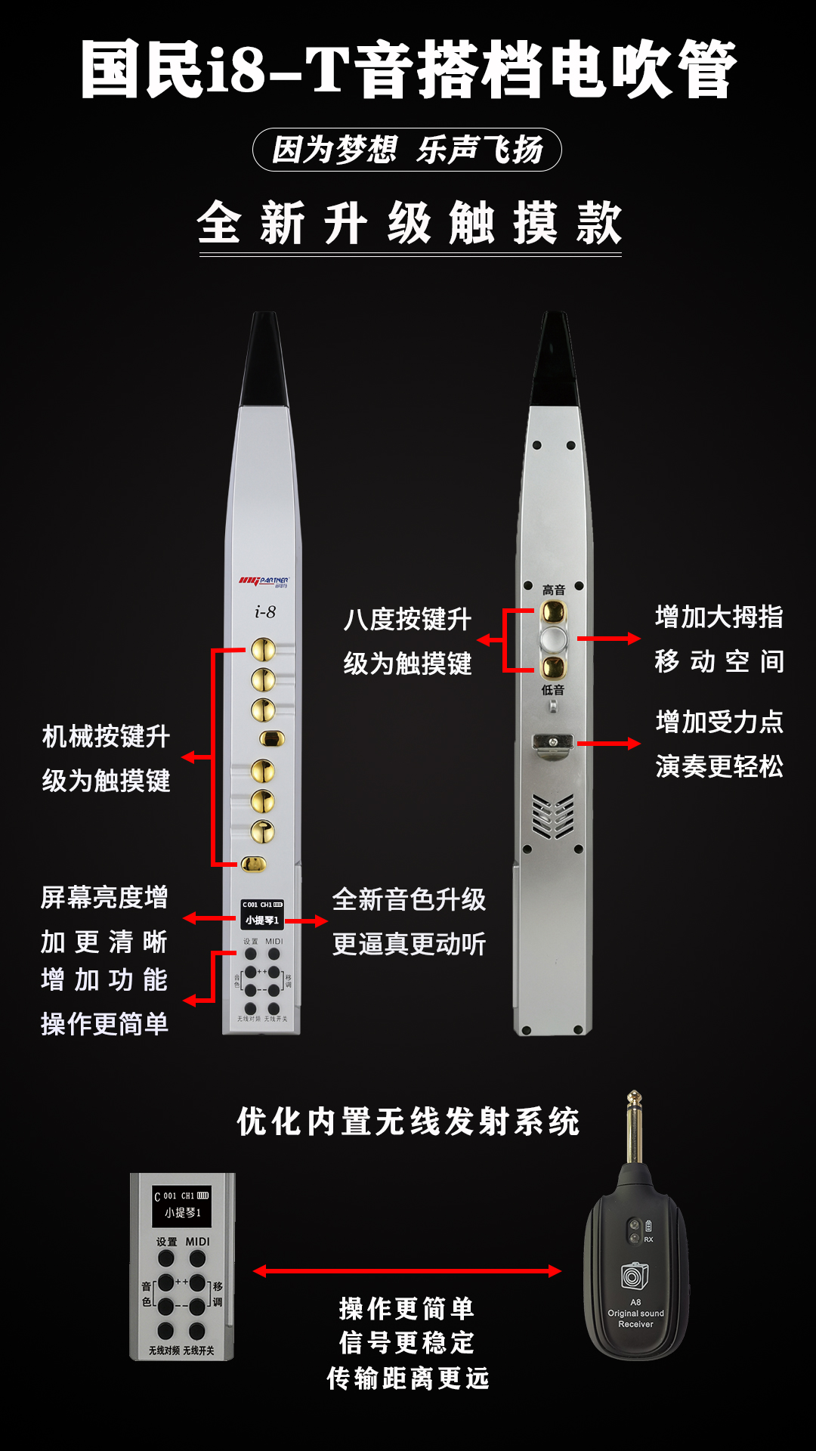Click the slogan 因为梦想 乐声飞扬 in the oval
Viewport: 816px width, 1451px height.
[x=407, y=150]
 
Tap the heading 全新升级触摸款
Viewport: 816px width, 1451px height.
[x=409, y=223]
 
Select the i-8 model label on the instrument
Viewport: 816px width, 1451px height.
[x=265, y=611]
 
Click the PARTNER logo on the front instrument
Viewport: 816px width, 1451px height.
[x=264, y=581]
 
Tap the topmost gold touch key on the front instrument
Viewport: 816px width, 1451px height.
[x=263, y=649]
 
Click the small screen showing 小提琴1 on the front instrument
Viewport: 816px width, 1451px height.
[x=262, y=914]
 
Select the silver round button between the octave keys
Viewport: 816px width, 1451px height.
[x=554, y=639]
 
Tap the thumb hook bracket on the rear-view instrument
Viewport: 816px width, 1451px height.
[x=552, y=744]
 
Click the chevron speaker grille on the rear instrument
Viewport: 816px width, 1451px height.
[x=553, y=816]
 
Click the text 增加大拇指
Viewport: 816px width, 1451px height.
[x=719, y=617]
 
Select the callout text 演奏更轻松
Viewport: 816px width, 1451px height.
[x=719, y=766]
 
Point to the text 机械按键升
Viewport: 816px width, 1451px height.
[x=106, y=736]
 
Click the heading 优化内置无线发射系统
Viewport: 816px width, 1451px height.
[x=408, y=1122]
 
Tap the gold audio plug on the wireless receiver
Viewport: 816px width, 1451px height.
[x=635, y=1126]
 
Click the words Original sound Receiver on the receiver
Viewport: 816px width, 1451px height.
[x=636, y=1319]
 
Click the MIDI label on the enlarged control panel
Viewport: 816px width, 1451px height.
[x=198, y=1242]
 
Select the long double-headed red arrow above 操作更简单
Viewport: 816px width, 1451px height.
[x=407, y=1271]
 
